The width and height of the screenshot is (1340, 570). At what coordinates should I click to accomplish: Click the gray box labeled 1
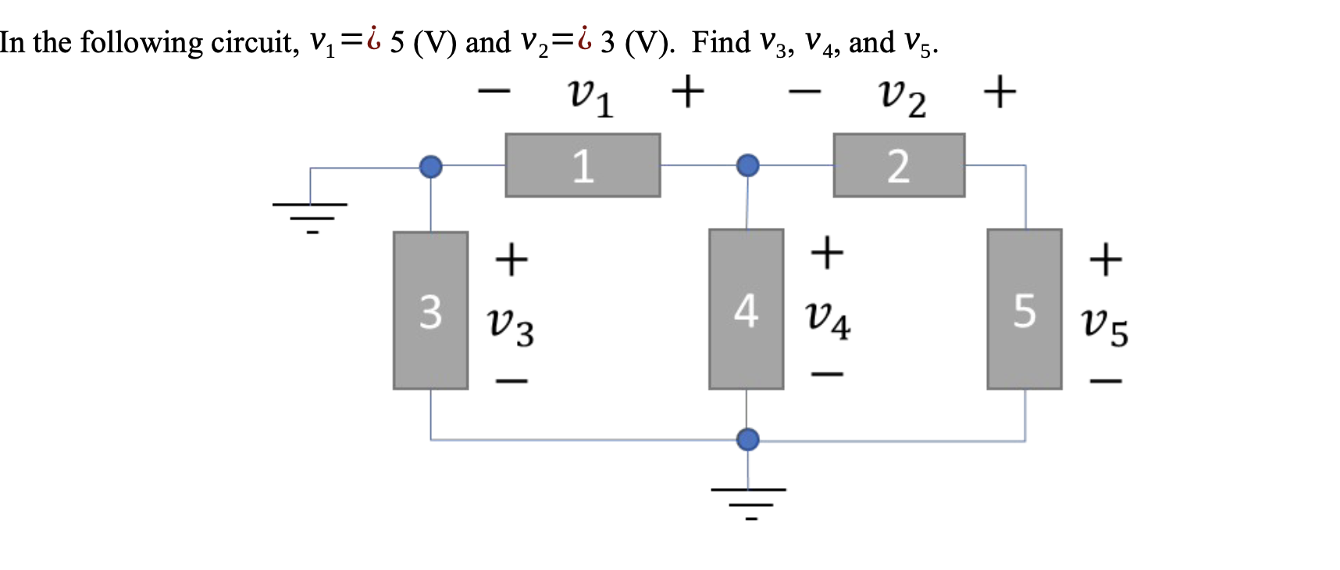tap(583, 166)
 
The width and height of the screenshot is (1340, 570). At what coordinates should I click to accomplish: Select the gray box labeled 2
tap(899, 166)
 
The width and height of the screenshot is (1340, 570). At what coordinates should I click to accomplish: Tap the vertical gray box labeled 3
tap(430, 310)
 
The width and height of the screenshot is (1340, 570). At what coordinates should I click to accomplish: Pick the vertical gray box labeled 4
tap(746, 309)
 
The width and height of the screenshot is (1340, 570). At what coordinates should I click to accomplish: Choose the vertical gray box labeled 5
tap(1024, 309)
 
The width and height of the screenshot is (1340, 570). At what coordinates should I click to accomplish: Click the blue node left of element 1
tap(430, 166)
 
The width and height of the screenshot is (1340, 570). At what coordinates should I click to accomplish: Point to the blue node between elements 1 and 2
tap(747, 166)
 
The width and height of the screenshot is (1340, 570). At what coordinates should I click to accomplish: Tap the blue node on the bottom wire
tap(747, 440)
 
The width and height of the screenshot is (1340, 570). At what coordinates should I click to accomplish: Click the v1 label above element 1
tap(590, 97)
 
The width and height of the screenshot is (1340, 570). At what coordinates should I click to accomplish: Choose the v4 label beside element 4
tap(828, 319)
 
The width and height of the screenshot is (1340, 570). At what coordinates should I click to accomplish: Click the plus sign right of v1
tap(688, 92)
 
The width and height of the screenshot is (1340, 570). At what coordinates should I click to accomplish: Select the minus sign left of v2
tap(804, 92)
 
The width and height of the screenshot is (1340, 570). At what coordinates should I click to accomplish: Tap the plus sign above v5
tap(1105, 259)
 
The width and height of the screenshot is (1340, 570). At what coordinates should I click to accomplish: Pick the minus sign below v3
tap(511, 382)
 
